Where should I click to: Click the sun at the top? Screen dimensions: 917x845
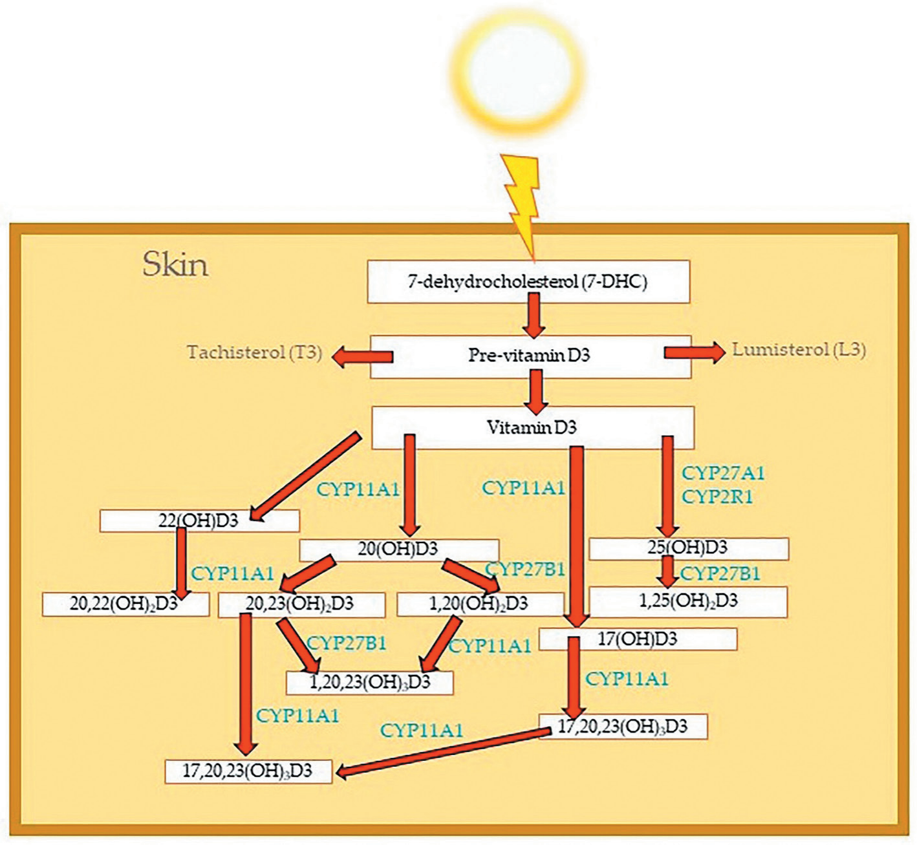517,74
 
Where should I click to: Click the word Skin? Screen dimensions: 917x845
175,264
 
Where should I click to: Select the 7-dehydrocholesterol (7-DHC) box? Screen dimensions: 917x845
528,282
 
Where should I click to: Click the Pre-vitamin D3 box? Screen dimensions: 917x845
530,356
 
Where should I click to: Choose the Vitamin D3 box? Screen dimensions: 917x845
533,427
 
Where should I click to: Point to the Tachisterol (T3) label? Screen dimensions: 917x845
254,353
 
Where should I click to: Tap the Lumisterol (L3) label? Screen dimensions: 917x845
799,350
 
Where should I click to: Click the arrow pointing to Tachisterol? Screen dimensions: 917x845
362,356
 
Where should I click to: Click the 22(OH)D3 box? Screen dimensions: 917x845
199,521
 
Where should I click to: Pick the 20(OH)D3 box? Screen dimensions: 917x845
399,550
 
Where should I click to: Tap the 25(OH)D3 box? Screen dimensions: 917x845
689,548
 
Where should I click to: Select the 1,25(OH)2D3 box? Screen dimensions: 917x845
688,602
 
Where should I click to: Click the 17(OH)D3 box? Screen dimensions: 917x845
638,639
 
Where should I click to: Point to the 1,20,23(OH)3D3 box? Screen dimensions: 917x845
369,683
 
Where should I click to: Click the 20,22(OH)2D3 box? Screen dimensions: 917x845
125,604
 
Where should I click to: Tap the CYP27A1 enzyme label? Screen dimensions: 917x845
723,473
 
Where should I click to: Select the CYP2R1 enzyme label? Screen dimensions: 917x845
717,497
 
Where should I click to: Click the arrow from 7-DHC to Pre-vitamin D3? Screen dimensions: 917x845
534,316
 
